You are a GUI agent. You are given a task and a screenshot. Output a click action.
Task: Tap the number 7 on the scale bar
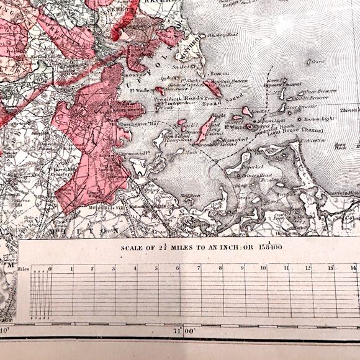pos(199,268)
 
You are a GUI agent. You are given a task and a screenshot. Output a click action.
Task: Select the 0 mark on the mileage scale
pos(51,268)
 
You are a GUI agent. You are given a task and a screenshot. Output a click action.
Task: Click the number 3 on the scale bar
pos(114,268)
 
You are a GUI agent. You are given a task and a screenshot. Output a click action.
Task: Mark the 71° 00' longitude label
pos(186,332)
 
